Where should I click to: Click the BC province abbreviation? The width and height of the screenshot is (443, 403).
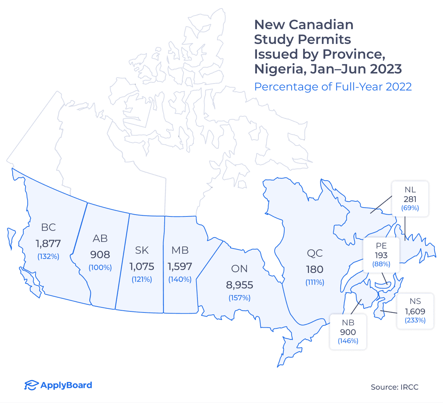click(x=48, y=227)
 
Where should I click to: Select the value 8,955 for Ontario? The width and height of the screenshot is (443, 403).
click(x=240, y=285)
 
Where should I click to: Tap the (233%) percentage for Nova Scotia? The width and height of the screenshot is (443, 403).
click(x=415, y=320)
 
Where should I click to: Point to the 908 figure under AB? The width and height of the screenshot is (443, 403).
click(x=100, y=255)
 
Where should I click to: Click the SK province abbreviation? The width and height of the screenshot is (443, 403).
click(x=142, y=250)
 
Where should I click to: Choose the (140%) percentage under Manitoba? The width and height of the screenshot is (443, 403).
click(x=180, y=279)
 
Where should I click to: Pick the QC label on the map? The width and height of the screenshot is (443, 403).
click(x=315, y=253)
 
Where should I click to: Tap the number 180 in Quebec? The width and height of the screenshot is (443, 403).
click(x=315, y=269)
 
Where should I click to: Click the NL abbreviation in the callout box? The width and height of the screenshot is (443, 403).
click(x=410, y=189)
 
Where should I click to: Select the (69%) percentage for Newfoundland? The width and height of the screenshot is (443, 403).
click(x=410, y=208)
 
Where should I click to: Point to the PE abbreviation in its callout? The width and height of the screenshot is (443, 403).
click(x=381, y=246)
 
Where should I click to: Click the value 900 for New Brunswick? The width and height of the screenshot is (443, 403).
click(x=348, y=332)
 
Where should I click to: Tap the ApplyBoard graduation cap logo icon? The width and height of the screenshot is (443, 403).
click(x=31, y=385)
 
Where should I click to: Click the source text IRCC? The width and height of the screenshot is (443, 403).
click(x=409, y=387)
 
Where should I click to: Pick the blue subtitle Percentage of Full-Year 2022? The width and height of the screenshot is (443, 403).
click(x=333, y=86)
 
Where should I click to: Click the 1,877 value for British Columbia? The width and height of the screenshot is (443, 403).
click(x=48, y=243)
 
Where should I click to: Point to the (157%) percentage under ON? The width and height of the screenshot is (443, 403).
click(x=240, y=298)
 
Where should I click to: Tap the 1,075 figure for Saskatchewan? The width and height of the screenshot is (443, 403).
click(x=142, y=266)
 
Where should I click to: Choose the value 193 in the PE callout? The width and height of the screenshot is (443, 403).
click(x=381, y=255)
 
